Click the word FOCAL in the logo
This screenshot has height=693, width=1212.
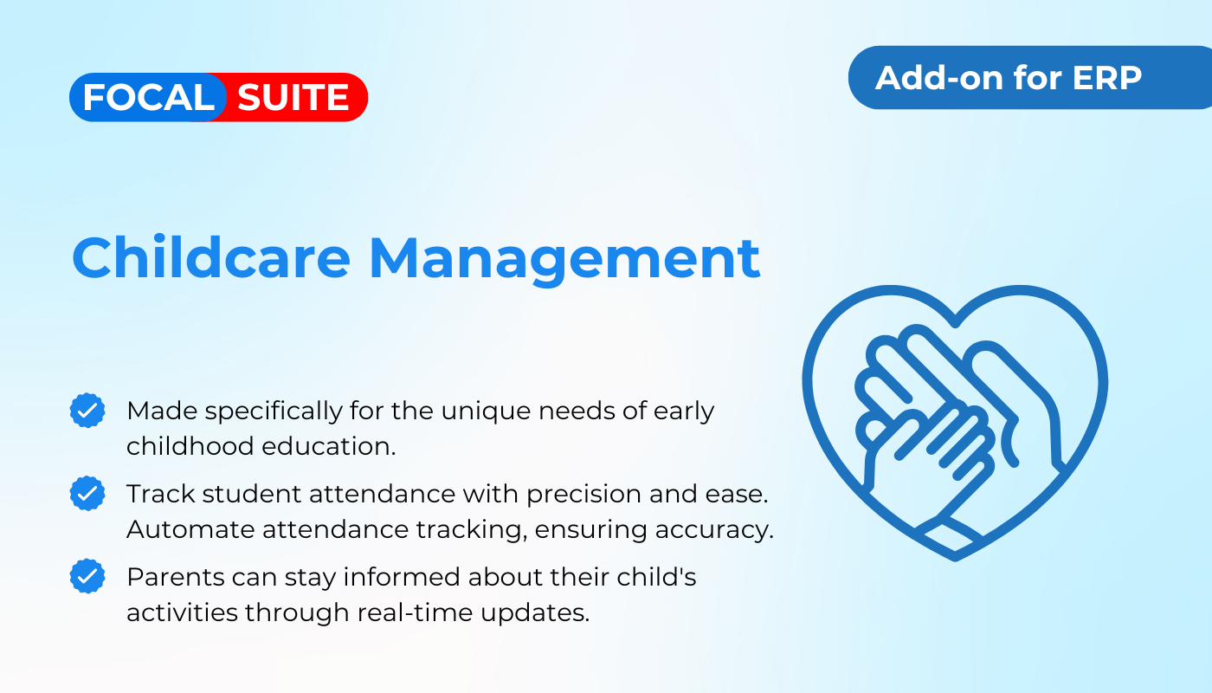[x=148, y=97]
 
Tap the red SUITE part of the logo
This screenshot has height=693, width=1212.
[x=293, y=97]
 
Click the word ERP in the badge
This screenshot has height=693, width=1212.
[x=1107, y=78]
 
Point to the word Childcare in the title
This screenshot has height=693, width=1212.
[x=211, y=257]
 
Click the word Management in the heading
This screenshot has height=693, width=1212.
[x=564, y=260]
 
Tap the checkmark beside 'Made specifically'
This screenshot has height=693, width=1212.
[x=87, y=411]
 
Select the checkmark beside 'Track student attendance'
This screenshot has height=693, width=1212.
[x=87, y=493]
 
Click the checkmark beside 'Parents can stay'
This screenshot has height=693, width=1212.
[x=87, y=576]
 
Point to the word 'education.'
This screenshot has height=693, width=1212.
[x=329, y=446]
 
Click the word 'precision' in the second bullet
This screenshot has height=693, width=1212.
[x=583, y=495]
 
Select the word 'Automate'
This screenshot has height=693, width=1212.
[x=190, y=529]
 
